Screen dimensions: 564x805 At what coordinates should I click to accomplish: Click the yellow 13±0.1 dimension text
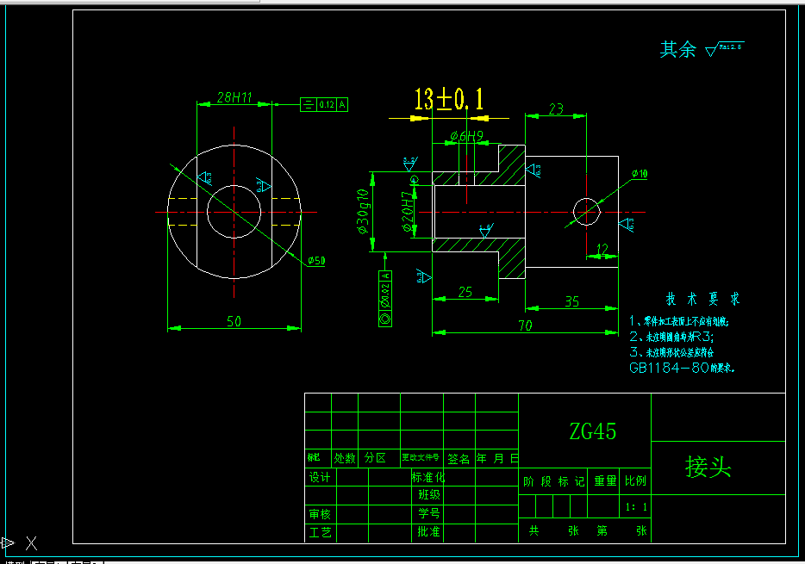pyautogui.click(x=448, y=99)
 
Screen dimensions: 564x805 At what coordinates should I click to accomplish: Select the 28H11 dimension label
pyautogui.click(x=234, y=97)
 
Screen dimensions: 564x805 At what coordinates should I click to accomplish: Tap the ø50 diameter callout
pyautogui.click(x=316, y=261)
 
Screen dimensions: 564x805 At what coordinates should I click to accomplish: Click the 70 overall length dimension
pyautogui.click(x=525, y=325)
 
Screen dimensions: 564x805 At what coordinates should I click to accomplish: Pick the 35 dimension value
pyautogui.click(x=572, y=301)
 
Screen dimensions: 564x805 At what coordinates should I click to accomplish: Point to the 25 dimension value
pyautogui.click(x=465, y=292)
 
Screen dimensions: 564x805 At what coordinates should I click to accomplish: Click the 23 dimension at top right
pyautogui.click(x=556, y=108)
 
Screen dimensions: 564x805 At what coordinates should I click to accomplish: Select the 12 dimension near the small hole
pyautogui.click(x=602, y=249)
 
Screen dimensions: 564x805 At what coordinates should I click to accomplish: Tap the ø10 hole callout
pyautogui.click(x=640, y=174)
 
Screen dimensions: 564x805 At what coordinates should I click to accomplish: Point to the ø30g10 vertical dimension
pyautogui.click(x=363, y=211)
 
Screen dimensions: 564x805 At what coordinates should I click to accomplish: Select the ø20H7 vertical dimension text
pyautogui.click(x=408, y=212)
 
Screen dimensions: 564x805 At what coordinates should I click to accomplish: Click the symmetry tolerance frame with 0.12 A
pyautogui.click(x=324, y=105)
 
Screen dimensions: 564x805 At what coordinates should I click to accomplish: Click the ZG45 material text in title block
pyautogui.click(x=592, y=431)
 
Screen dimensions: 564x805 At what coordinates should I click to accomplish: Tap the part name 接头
pyautogui.click(x=708, y=467)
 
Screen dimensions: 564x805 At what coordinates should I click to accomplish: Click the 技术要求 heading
pyautogui.click(x=702, y=300)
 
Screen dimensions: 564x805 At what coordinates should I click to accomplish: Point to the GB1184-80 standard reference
pyautogui.click(x=669, y=367)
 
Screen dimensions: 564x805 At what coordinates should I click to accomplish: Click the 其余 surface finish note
pyautogui.click(x=678, y=50)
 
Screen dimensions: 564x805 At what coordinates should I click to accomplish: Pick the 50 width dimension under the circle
pyautogui.click(x=234, y=321)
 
